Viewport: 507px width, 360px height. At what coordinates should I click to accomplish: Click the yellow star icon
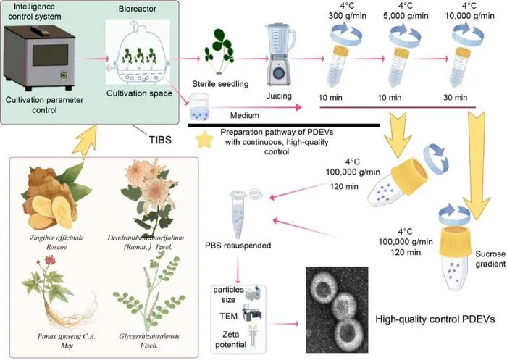pos(204,140)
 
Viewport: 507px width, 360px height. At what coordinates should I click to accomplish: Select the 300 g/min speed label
pos(347,15)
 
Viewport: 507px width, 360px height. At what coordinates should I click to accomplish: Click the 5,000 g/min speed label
pos(406,15)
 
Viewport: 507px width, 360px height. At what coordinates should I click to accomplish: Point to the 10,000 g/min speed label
pos(469,15)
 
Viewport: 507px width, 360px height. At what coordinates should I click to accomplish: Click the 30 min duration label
pos(456,97)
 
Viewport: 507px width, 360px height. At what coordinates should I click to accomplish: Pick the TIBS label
pos(160,140)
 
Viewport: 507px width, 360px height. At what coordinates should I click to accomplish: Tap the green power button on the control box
pos(64,75)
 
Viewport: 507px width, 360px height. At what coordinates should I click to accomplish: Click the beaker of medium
pos(199,107)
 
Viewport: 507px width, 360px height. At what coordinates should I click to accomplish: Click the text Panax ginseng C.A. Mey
pos(67,340)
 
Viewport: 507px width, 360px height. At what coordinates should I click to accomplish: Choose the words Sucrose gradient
pos(490,259)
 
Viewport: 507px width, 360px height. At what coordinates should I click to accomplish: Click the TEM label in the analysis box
pos(229,315)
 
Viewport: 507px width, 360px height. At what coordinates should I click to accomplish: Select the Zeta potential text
pos(230,339)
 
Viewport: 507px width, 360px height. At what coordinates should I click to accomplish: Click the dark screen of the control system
pos(51,55)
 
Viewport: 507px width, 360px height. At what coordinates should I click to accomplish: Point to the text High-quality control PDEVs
pos(435,319)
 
